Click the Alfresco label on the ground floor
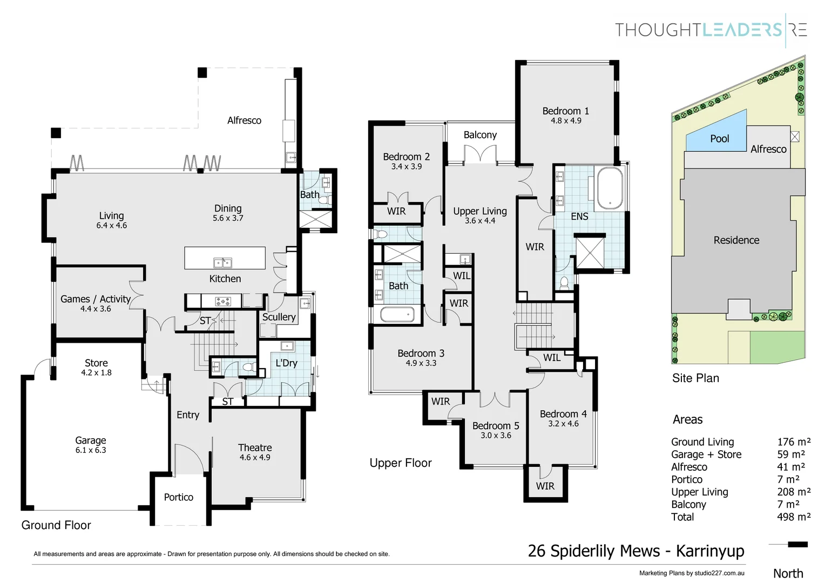244,120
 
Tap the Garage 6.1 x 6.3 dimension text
91,450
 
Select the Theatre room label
255,448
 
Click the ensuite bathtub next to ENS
610,188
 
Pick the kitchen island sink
222,262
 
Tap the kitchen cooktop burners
223,301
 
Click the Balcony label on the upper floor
480,135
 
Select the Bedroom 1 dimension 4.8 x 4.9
566,121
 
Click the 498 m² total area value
794,517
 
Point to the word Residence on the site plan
736,240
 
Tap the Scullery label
279,317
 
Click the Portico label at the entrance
179,497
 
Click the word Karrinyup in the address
710,551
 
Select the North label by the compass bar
788,573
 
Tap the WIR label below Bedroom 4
545,486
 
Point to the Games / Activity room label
96,299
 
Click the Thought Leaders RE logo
711,30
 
